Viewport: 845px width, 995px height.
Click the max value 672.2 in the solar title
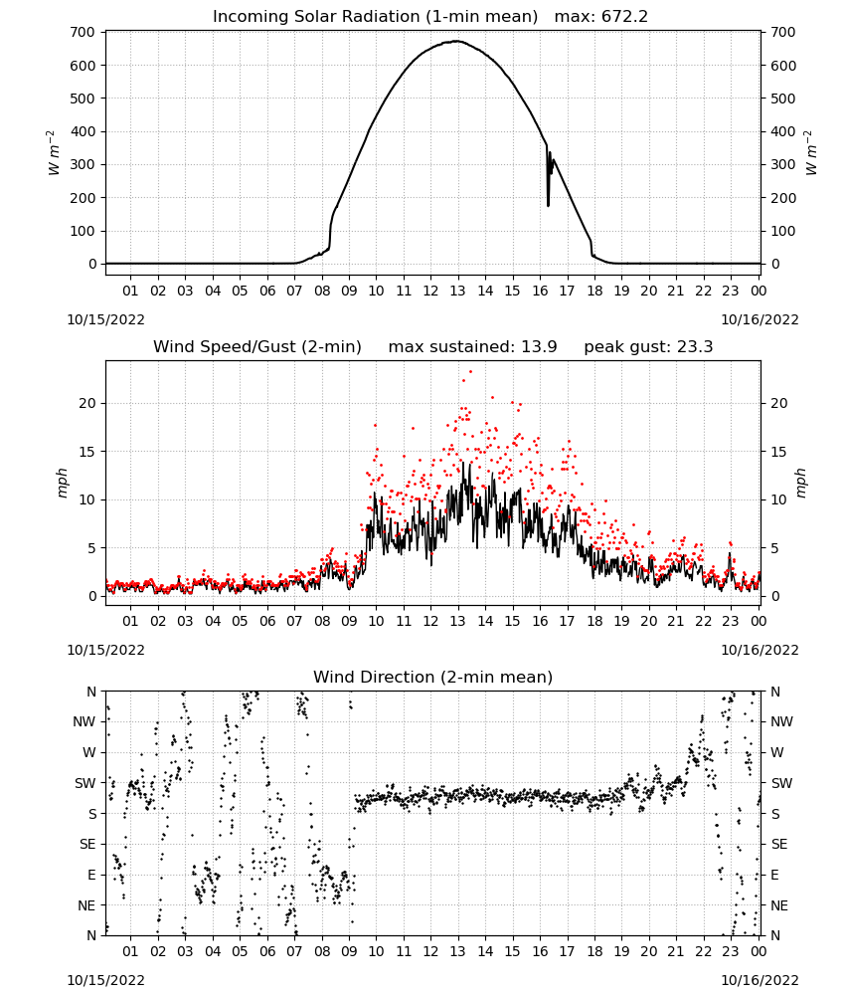point(624,17)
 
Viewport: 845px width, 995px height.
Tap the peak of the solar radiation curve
point(457,41)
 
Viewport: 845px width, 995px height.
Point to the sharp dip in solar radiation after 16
point(549,204)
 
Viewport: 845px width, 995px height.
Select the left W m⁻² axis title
point(54,153)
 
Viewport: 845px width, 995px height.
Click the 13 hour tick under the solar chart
point(457,291)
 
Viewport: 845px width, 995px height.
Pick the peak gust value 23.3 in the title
point(696,347)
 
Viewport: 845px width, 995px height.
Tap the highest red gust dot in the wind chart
point(470,371)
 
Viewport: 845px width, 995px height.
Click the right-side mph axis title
point(800,484)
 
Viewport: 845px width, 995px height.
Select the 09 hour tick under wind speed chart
point(349,621)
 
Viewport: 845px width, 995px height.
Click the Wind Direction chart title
point(433,677)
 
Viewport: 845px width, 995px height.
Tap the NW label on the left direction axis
point(84,722)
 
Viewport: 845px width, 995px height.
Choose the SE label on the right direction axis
point(779,844)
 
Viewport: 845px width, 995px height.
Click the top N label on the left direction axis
point(91,692)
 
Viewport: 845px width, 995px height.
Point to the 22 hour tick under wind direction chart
point(703,951)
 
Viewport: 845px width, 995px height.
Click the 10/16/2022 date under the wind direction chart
point(760,980)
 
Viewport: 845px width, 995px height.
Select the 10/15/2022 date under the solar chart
point(105,319)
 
